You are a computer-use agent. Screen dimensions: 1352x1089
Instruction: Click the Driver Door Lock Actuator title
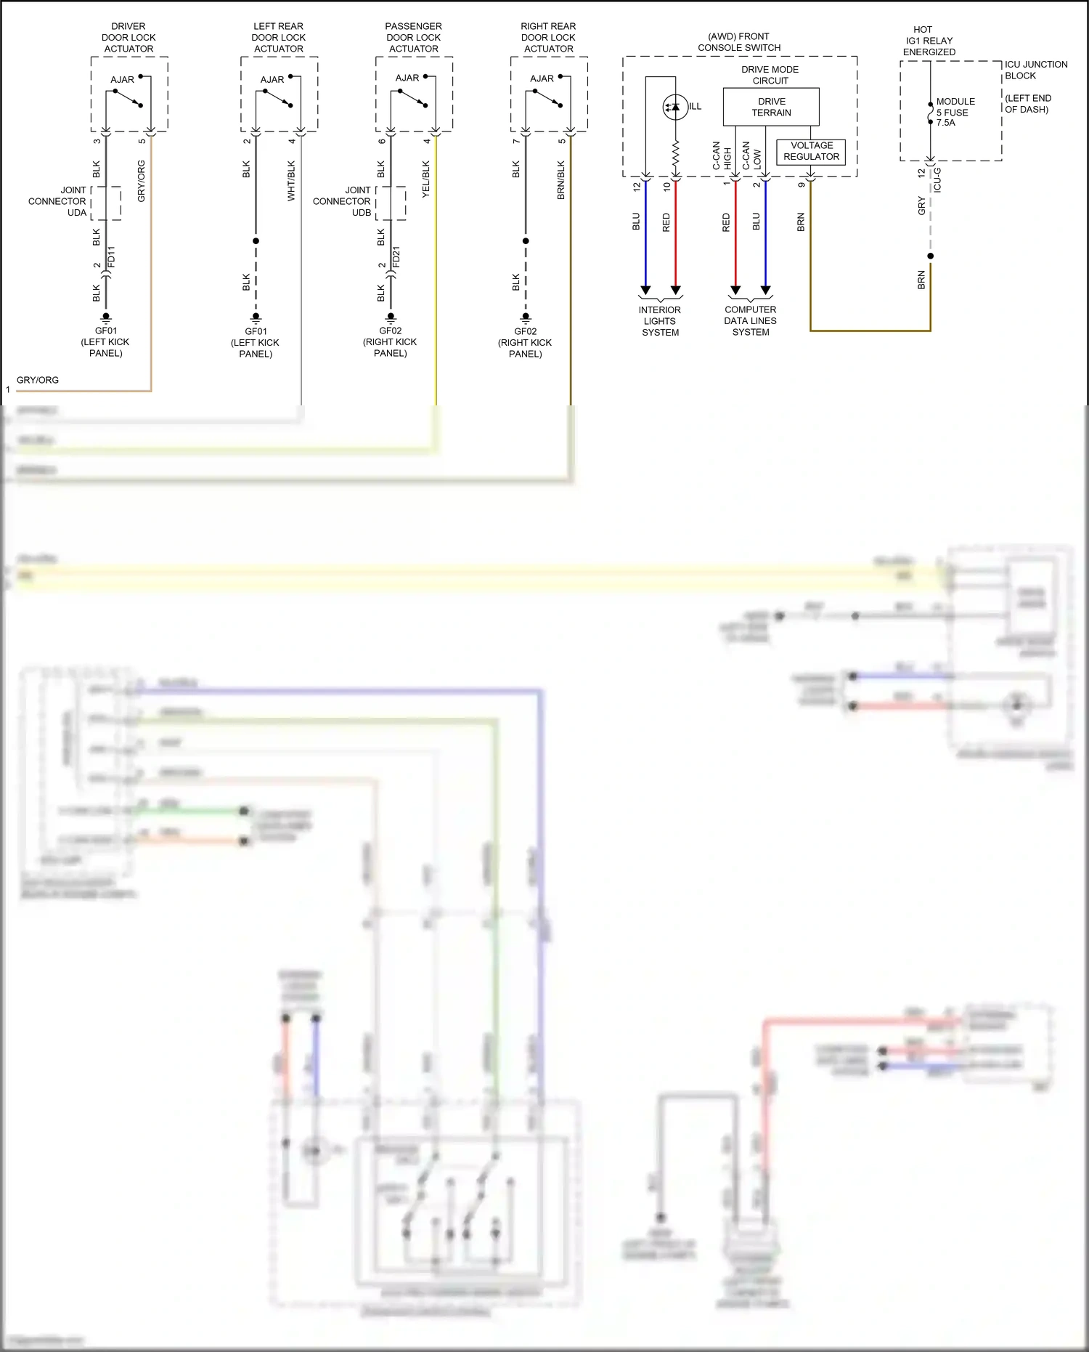(129, 38)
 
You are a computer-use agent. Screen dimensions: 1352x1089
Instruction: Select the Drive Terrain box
(771, 107)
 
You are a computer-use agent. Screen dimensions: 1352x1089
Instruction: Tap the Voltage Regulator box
(811, 151)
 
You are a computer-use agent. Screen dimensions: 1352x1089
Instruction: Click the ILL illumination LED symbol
(675, 108)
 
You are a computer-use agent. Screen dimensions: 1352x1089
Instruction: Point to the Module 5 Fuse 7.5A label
(955, 112)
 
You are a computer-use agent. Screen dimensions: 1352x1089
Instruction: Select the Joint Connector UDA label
(57, 201)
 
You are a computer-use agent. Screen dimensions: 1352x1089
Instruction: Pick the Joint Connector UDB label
(342, 201)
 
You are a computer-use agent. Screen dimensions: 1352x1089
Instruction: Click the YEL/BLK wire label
(426, 179)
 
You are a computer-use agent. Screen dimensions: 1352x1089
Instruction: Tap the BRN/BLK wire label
(561, 179)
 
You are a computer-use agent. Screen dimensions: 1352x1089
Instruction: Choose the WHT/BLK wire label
(291, 180)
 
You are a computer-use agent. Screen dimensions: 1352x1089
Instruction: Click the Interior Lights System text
(660, 321)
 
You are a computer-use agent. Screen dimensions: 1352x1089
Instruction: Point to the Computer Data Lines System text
(750, 320)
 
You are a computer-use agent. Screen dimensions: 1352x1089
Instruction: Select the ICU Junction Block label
(1035, 70)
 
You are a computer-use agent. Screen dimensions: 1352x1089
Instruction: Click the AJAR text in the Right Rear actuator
(542, 78)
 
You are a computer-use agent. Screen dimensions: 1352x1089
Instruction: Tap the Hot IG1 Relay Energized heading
(929, 41)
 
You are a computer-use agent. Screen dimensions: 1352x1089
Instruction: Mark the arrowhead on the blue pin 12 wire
(645, 290)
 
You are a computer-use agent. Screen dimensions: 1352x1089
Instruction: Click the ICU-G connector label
(937, 179)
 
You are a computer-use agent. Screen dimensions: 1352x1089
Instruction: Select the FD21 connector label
(396, 256)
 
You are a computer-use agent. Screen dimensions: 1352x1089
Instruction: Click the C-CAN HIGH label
(722, 155)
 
